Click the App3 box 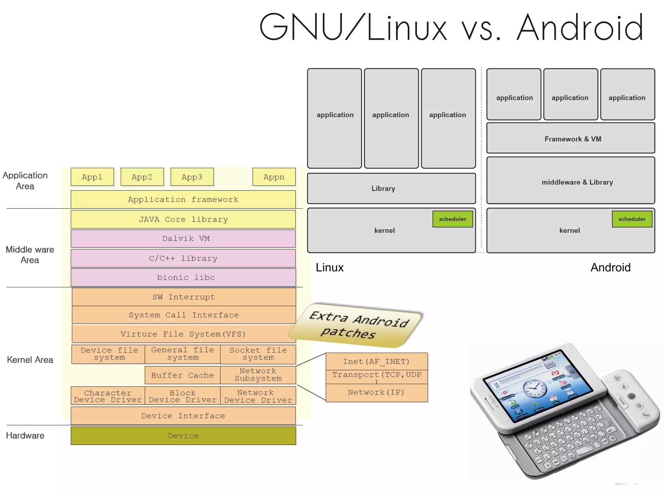[x=192, y=177]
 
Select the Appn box [x=274, y=177]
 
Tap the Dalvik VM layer [x=183, y=239]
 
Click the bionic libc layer [x=183, y=277]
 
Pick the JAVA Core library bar [x=183, y=219]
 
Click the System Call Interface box [x=184, y=315]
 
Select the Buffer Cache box [x=183, y=375]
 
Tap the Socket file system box [x=258, y=354]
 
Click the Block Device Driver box [x=183, y=396]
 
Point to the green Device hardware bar [x=183, y=435]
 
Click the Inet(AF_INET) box [x=376, y=361]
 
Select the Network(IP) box [x=376, y=392]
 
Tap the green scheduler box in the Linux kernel [x=452, y=219]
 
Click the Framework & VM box [x=571, y=139]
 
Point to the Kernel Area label [x=30, y=360]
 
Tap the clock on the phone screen [x=533, y=387]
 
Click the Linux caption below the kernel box [x=329, y=267]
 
